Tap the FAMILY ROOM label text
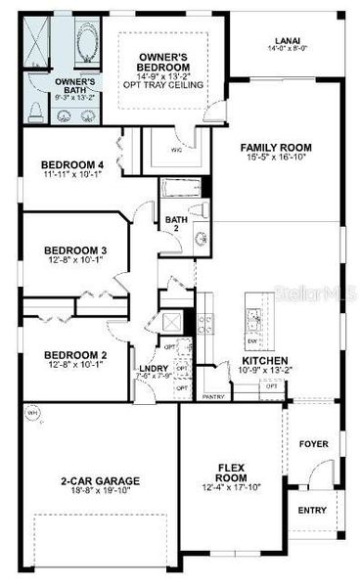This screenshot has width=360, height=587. [x=277, y=148]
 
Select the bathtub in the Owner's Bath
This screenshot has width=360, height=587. [x=79, y=46]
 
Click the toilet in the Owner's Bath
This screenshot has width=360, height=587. [x=35, y=111]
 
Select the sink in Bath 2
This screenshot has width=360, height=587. [x=200, y=238]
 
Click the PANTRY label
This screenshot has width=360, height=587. [x=213, y=396]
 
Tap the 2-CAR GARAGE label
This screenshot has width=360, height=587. [x=100, y=480]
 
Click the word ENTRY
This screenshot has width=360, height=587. [x=313, y=511]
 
